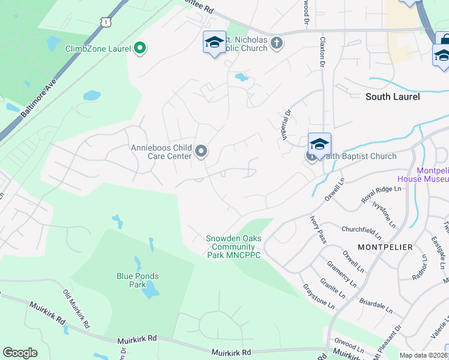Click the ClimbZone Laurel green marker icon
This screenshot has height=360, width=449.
point(140,48)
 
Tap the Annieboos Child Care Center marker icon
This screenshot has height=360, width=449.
point(201,152)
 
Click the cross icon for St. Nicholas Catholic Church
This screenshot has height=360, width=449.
point(276,43)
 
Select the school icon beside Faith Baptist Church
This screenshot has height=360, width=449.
point(320,145)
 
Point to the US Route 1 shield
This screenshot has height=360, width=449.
point(106,22)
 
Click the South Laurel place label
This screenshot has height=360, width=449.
point(393,97)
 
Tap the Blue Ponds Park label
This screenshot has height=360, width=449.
point(137,280)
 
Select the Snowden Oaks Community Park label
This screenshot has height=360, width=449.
point(234,247)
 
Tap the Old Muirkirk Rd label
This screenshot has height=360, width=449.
point(76,308)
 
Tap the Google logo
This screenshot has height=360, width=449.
point(20,353)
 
